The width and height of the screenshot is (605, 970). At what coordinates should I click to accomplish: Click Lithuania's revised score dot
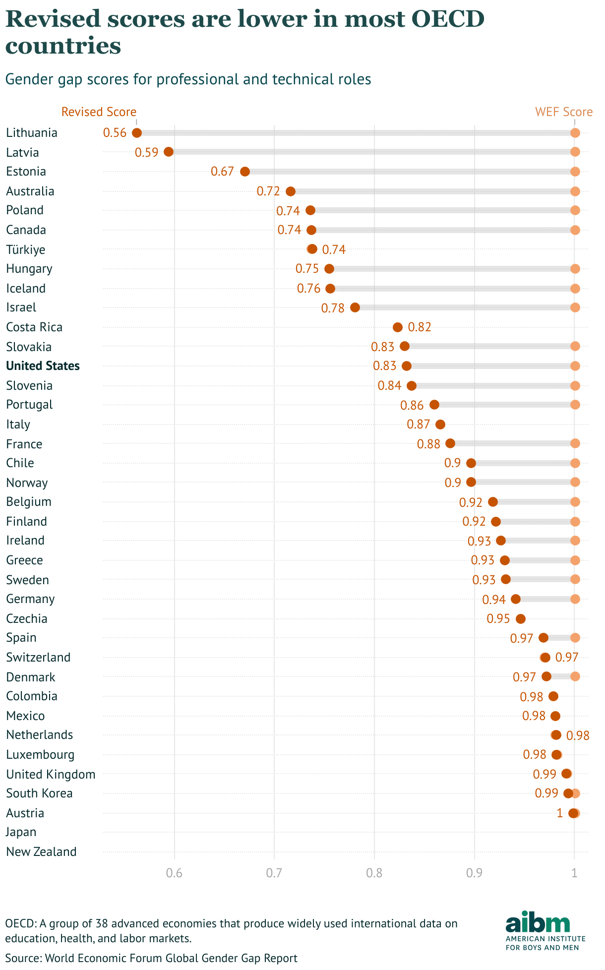pos(137,133)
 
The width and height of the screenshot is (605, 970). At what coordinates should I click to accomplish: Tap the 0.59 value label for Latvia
pos(146,152)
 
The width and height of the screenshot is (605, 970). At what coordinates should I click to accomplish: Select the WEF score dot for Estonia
pos(575,172)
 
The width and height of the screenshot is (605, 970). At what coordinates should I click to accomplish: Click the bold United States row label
pos(43,366)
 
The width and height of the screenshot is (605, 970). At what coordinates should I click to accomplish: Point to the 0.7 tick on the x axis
pos(274,873)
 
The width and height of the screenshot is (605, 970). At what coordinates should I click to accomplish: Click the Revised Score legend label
pos(99,112)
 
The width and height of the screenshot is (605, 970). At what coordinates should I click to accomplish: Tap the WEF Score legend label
pos(564,112)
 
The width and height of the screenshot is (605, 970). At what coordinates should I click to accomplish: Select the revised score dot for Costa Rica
pos(398,327)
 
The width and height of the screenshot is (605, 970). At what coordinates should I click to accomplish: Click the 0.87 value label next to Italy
pos(418,424)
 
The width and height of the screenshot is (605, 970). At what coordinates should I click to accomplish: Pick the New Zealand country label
pos(41,852)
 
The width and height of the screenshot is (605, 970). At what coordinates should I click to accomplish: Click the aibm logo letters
pos(538,922)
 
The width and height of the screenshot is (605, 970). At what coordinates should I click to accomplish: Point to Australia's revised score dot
pos(291,191)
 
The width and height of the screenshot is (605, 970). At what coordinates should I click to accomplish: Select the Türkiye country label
pos(26,249)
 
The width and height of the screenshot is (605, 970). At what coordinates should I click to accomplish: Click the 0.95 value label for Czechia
pos(498,619)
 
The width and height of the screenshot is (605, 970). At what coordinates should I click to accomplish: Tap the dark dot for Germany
pos(516,599)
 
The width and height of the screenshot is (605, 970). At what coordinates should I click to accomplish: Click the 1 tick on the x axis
pos(574,873)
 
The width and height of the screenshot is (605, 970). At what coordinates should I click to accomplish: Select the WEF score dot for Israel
pos(575,307)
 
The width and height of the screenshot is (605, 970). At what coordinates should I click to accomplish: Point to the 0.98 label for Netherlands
pos(578,735)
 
